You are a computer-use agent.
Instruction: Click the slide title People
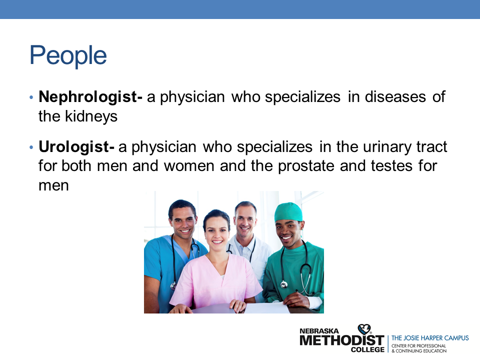click(x=68, y=55)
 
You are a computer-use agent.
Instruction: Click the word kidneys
click(x=91, y=116)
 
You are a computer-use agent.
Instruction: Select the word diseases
click(x=395, y=97)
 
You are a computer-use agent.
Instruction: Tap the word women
click(x=189, y=166)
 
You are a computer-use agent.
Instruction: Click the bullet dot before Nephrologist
click(x=31, y=98)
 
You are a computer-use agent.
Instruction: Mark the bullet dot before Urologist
click(x=31, y=147)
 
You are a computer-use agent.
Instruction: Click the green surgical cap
click(x=288, y=212)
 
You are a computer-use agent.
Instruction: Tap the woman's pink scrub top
click(x=215, y=281)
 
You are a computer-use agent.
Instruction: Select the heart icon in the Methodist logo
click(x=364, y=329)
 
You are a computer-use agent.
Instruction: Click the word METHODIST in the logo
click(x=341, y=340)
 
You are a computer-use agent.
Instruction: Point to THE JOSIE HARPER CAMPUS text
click(x=430, y=338)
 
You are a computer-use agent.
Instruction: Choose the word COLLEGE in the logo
click(x=367, y=349)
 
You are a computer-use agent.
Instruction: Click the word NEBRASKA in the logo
click(x=319, y=331)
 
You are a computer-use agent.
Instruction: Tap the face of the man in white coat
click(x=245, y=220)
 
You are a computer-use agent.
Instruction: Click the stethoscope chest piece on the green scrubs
click(x=284, y=284)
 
